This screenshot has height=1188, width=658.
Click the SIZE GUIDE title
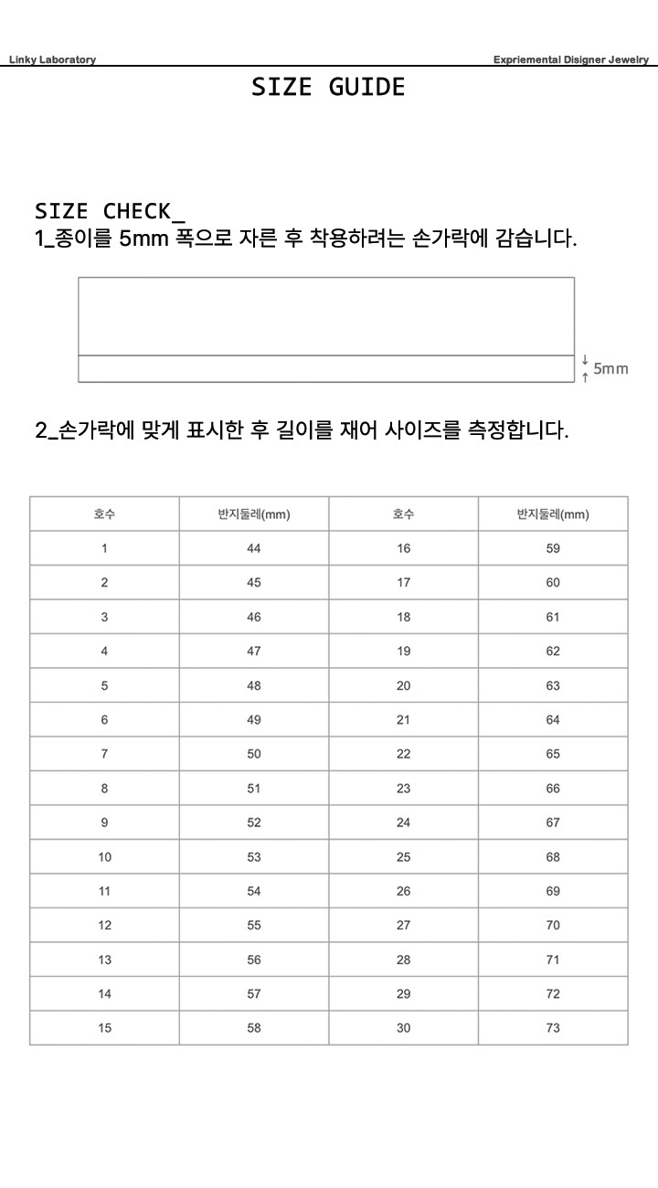328,87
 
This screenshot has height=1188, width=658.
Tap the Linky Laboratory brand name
52,59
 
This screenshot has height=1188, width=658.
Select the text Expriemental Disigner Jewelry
570,59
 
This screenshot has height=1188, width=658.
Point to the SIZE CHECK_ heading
110,211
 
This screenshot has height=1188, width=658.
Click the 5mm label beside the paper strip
610,369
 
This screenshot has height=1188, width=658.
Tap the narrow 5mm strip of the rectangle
326,368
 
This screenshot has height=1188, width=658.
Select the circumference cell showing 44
254,548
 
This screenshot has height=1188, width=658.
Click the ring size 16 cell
404,548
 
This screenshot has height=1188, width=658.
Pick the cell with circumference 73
553,1028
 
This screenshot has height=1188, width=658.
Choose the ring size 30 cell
404,1028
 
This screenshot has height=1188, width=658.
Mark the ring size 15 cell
105,1028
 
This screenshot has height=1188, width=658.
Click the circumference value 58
254,1028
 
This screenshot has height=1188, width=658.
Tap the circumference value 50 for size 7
254,754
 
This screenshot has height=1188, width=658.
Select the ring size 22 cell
404,754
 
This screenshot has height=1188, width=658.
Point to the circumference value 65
553,754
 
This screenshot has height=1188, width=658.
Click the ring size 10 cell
105,857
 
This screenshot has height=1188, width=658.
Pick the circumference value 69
553,891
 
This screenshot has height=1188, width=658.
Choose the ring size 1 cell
104,548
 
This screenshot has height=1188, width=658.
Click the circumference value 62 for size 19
553,652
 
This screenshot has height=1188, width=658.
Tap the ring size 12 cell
105,926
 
